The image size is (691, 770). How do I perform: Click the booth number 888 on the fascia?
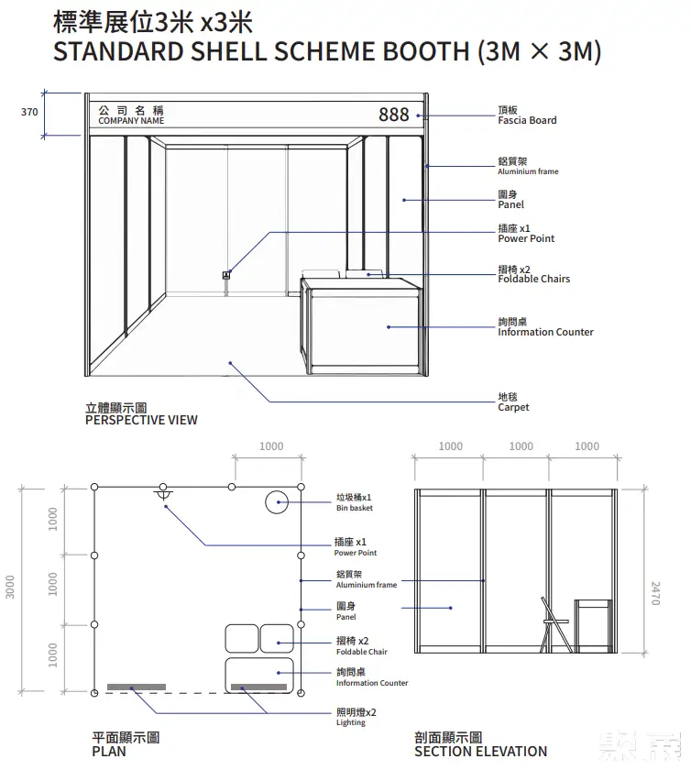(394, 115)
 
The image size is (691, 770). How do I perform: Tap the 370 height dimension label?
(29, 112)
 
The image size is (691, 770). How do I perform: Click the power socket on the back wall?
(226, 275)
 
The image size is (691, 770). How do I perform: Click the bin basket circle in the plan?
(277, 502)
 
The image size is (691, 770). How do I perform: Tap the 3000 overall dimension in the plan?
(10, 587)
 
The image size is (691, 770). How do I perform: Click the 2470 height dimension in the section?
(655, 593)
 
